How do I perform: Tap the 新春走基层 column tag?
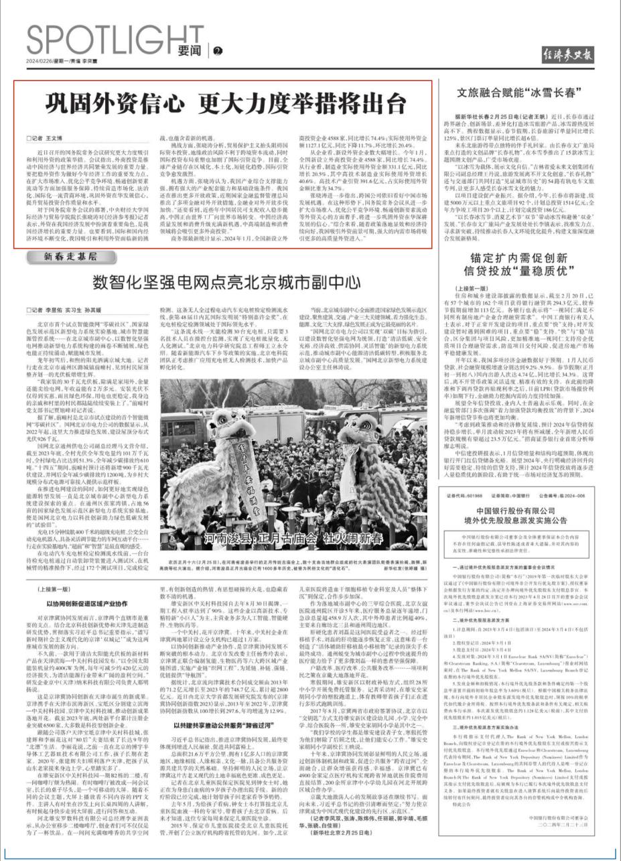click(70, 257)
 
